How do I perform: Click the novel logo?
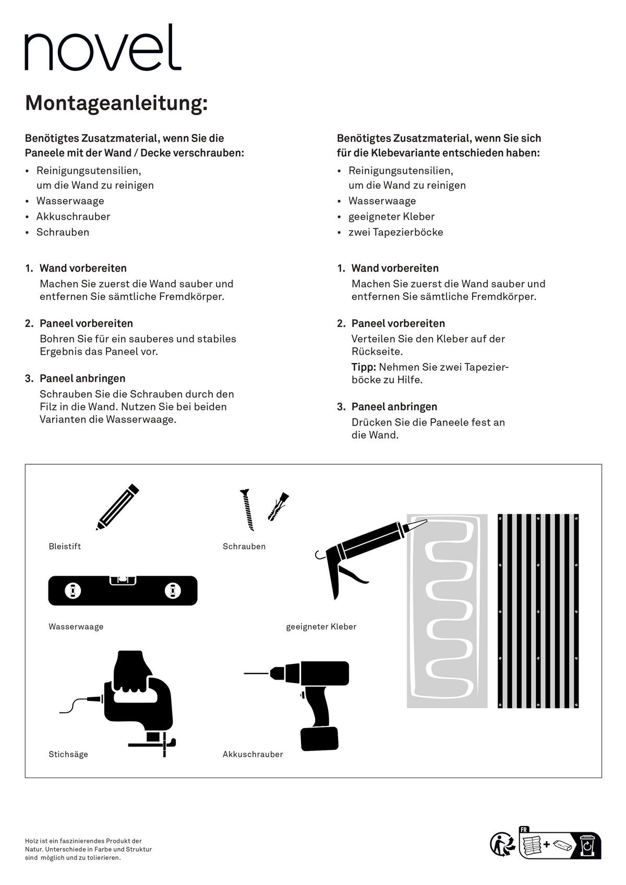(x=103, y=48)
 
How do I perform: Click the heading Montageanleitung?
(x=116, y=103)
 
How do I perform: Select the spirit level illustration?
(x=123, y=590)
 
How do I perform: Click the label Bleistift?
(x=65, y=547)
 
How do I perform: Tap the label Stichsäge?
(x=68, y=754)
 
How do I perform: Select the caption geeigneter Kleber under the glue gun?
(x=321, y=627)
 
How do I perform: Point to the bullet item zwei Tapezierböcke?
(x=395, y=232)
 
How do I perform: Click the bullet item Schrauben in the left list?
(x=63, y=232)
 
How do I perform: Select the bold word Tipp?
(x=364, y=367)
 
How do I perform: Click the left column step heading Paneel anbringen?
(x=82, y=379)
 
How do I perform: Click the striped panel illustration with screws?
(x=538, y=611)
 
